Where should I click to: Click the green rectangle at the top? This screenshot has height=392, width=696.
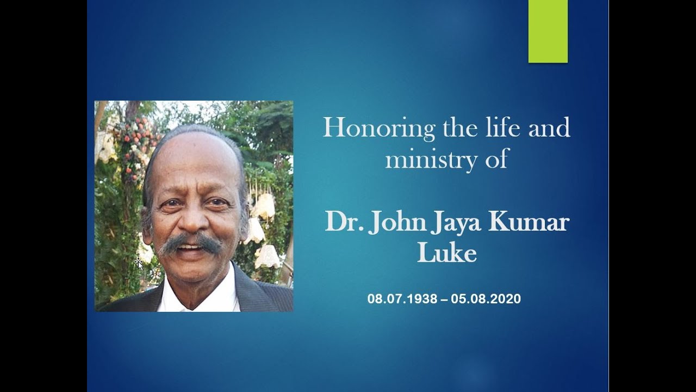548,31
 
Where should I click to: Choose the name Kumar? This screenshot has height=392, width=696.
527,223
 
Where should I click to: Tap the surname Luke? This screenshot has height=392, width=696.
446,253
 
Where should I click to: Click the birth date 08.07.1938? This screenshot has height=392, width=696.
403,299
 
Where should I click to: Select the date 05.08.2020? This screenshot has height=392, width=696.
489,299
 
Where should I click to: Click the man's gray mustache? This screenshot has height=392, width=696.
191,243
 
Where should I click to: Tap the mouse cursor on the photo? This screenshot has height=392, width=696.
138,263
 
